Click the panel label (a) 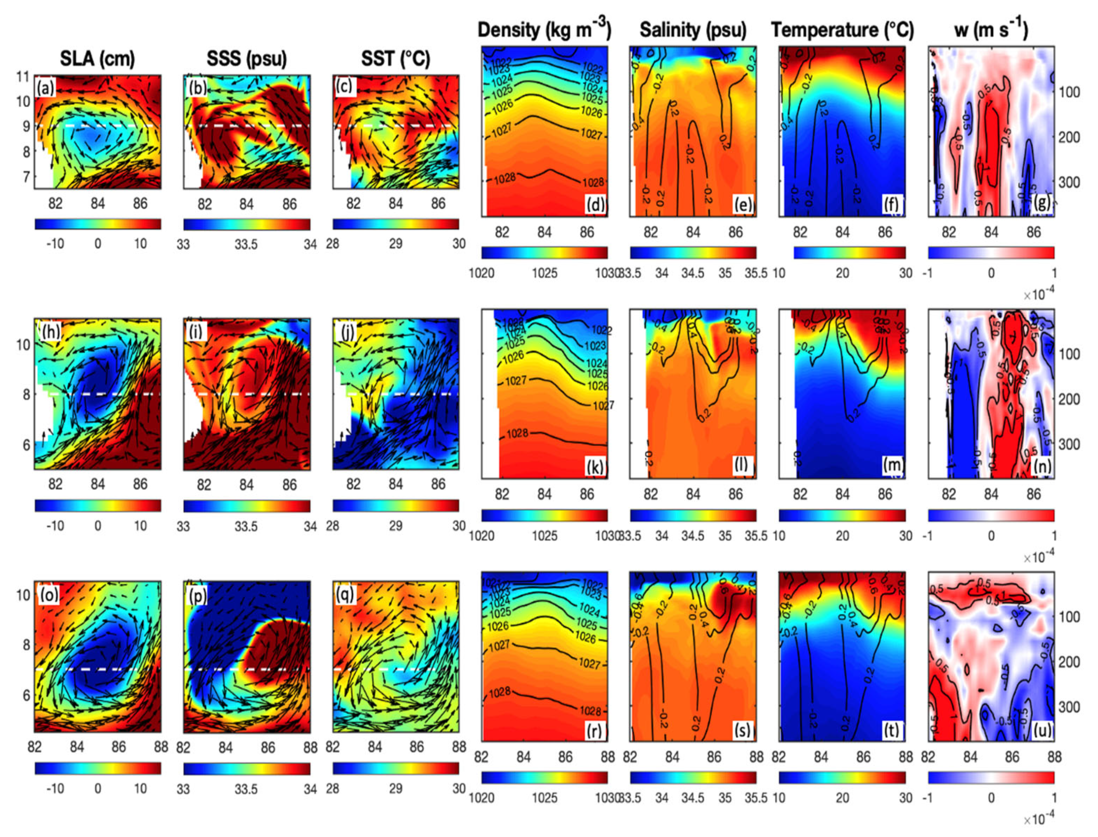click(x=45, y=88)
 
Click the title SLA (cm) click(x=97, y=59)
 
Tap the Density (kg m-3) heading click(x=544, y=30)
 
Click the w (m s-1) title click(x=991, y=30)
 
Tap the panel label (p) click(x=198, y=595)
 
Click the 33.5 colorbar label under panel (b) click(x=246, y=244)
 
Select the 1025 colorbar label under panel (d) click(x=544, y=273)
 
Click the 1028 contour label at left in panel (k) click(x=517, y=434)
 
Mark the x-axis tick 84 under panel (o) click(x=77, y=747)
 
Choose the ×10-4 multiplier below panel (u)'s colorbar click(x=1039, y=820)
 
